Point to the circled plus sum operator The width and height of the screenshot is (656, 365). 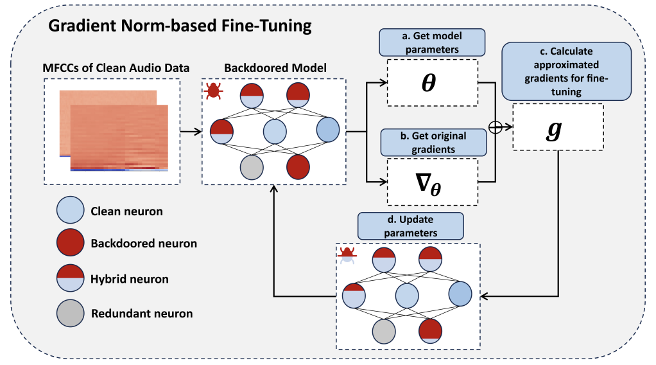pos(494,127)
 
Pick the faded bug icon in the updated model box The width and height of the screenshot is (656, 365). pos(347,255)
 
